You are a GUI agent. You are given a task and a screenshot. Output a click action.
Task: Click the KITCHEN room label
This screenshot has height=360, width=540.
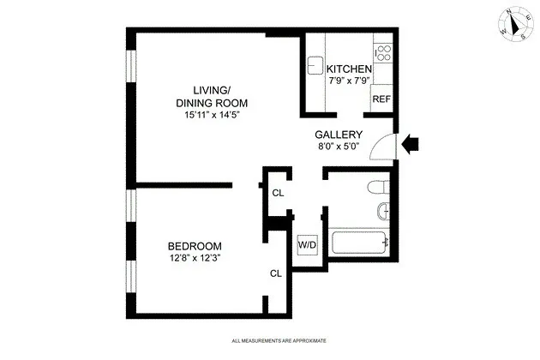(349, 69)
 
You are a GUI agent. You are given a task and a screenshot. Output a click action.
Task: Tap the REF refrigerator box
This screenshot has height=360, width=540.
(381, 99)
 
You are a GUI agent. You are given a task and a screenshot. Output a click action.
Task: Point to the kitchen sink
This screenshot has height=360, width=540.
(315, 65)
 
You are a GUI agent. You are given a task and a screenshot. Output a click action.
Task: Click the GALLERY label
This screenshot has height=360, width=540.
(339, 135)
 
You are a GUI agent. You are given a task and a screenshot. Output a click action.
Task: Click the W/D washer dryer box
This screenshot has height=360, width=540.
(306, 244)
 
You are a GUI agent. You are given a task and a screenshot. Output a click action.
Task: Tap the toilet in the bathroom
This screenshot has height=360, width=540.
(374, 187)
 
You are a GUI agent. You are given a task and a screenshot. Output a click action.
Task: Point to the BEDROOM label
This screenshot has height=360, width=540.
(195, 244)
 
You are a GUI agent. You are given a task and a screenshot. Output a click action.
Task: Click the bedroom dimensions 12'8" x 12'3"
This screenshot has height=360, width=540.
(195, 257)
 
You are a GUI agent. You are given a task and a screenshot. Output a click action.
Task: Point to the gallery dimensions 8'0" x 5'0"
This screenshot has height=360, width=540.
(339, 147)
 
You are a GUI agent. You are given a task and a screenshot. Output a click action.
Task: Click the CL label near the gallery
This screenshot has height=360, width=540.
(277, 193)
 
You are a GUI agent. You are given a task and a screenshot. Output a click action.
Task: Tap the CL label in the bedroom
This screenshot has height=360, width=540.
(275, 273)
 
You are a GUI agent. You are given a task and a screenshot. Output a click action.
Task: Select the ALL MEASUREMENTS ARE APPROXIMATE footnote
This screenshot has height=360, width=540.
(279, 342)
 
